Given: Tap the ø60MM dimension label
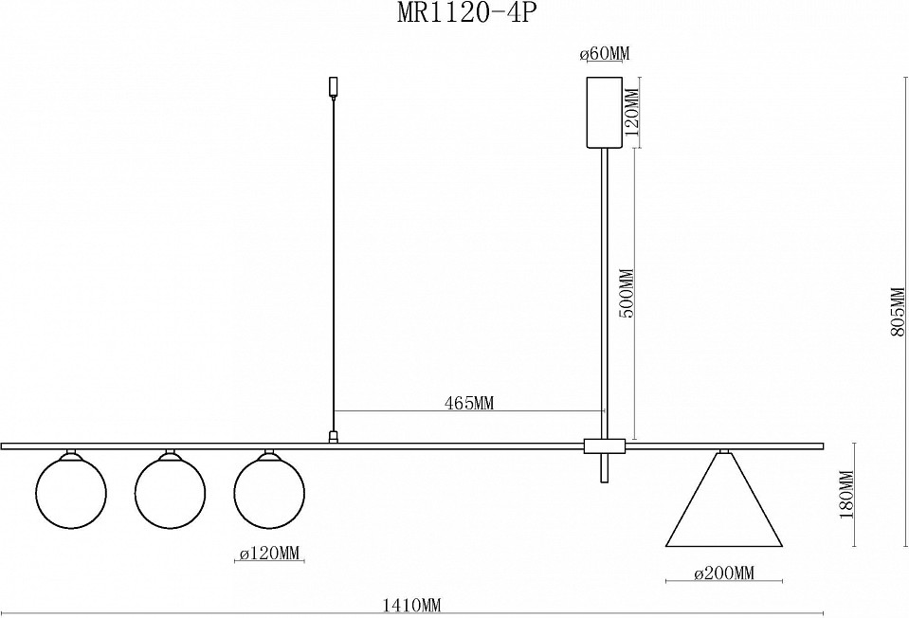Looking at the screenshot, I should pyautogui.click(x=604, y=54).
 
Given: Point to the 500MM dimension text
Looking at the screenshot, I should pyautogui.click(x=627, y=294).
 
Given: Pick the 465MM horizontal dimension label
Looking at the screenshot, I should pyautogui.click(x=469, y=403).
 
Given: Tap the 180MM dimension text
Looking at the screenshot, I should pyautogui.click(x=848, y=496).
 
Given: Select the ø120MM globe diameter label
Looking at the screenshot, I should pyautogui.click(x=270, y=554).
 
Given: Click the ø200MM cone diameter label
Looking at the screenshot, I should pyautogui.click(x=723, y=573).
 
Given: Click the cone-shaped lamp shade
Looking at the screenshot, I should pyautogui.click(x=725, y=507).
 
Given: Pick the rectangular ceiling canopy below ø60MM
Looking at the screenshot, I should pyautogui.click(x=604, y=112).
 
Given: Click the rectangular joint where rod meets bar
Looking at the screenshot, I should pyautogui.click(x=604, y=445).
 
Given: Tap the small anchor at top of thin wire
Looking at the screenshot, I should pyautogui.click(x=333, y=86).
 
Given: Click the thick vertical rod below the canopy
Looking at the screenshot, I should pyautogui.click(x=604, y=284).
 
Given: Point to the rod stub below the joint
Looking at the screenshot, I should pyautogui.click(x=604, y=468).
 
